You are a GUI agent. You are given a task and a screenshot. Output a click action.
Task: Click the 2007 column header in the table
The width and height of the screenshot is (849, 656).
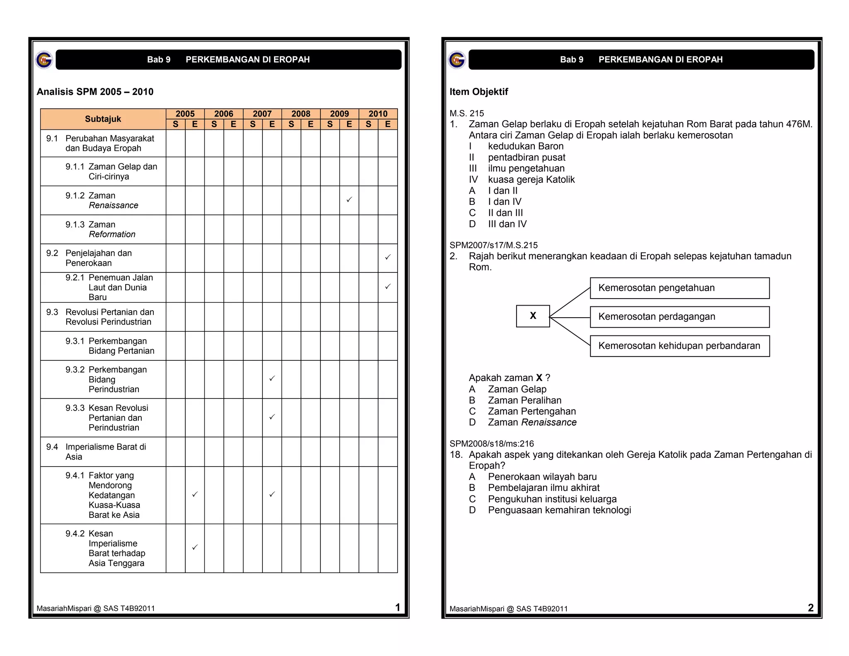[x=262, y=114]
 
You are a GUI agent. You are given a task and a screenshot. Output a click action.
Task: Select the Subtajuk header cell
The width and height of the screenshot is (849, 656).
[x=103, y=119]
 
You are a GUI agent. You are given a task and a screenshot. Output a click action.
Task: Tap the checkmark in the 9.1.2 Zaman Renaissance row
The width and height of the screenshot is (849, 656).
[x=349, y=199]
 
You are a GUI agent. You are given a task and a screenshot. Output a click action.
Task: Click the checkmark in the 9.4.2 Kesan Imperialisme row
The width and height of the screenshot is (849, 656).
[x=195, y=547]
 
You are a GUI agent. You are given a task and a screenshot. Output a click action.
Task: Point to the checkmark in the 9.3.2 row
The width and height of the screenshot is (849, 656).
[x=272, y=378]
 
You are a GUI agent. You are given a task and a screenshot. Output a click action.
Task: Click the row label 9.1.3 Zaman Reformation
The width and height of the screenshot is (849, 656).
[x=101, y=229]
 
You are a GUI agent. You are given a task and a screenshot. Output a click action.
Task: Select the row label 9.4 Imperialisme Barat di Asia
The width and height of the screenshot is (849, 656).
[x=97, y=452]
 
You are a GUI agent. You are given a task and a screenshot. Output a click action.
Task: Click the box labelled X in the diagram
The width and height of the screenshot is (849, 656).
[x=533, y=316]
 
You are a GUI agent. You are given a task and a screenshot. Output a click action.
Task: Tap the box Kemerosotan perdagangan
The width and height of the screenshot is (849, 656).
[x=679, y=317]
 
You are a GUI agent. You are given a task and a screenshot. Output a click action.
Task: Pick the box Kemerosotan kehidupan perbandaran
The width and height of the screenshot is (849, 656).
[x=679, y=346]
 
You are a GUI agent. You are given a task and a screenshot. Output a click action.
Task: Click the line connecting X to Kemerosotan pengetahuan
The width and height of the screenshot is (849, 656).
[x=570, y=302]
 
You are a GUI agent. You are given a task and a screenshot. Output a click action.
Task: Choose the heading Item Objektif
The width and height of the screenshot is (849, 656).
[x=478, y=92]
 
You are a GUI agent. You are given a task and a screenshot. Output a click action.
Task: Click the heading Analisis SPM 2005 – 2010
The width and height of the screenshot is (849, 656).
[x=95, y=92]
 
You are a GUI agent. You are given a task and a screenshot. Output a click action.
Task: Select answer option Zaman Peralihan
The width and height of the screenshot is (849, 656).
[x=524, y=400]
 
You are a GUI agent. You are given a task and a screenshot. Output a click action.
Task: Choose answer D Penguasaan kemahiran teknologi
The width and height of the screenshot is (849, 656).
[x=559, y=510]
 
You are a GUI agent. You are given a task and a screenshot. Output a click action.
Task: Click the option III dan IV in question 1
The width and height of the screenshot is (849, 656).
[x=507, y=224]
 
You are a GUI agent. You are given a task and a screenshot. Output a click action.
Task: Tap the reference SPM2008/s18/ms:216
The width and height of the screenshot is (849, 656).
[x=492, y=444]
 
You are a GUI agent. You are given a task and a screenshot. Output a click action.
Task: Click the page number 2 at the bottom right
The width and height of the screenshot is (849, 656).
[x=810, y=607]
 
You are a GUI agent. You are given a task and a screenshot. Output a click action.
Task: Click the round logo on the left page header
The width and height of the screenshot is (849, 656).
[x=44, y=60]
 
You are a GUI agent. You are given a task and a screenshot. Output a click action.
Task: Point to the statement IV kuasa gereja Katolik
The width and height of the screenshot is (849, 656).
[x=531, y=180]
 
